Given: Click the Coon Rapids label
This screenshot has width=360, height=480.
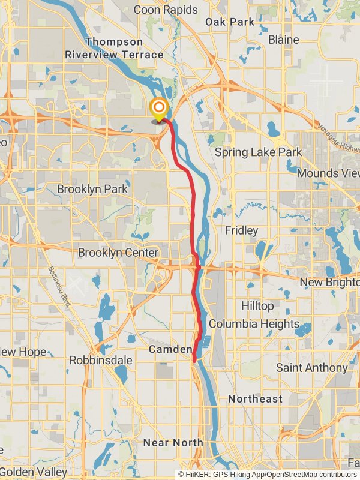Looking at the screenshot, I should coord(166,10).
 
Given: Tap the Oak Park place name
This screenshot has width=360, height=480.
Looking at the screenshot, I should coord(230,22).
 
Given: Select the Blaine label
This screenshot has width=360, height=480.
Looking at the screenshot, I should coord(284,40).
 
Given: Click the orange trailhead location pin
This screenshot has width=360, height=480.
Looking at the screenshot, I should coord(159,109).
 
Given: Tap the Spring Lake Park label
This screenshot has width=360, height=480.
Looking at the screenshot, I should coord(259,152).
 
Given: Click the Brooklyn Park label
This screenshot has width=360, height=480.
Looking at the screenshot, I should coord(92,189).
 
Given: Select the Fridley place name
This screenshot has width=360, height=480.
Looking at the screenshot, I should coord(241,230).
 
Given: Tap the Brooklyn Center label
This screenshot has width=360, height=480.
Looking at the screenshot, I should coord(118,253).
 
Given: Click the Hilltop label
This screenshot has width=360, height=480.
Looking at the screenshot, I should coord(257,306).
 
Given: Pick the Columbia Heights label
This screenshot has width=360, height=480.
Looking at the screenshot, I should coord(254,324).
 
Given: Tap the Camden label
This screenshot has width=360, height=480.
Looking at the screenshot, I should coord(170,349).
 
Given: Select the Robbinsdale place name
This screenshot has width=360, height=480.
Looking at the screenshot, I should coord(100,360).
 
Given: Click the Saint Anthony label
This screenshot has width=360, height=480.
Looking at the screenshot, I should coord(311,367).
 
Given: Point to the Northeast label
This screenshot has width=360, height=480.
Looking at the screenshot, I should coord(255,398).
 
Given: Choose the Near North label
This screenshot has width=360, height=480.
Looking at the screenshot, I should coord(173,443).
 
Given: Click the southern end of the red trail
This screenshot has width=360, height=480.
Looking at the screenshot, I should coord(194,359).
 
